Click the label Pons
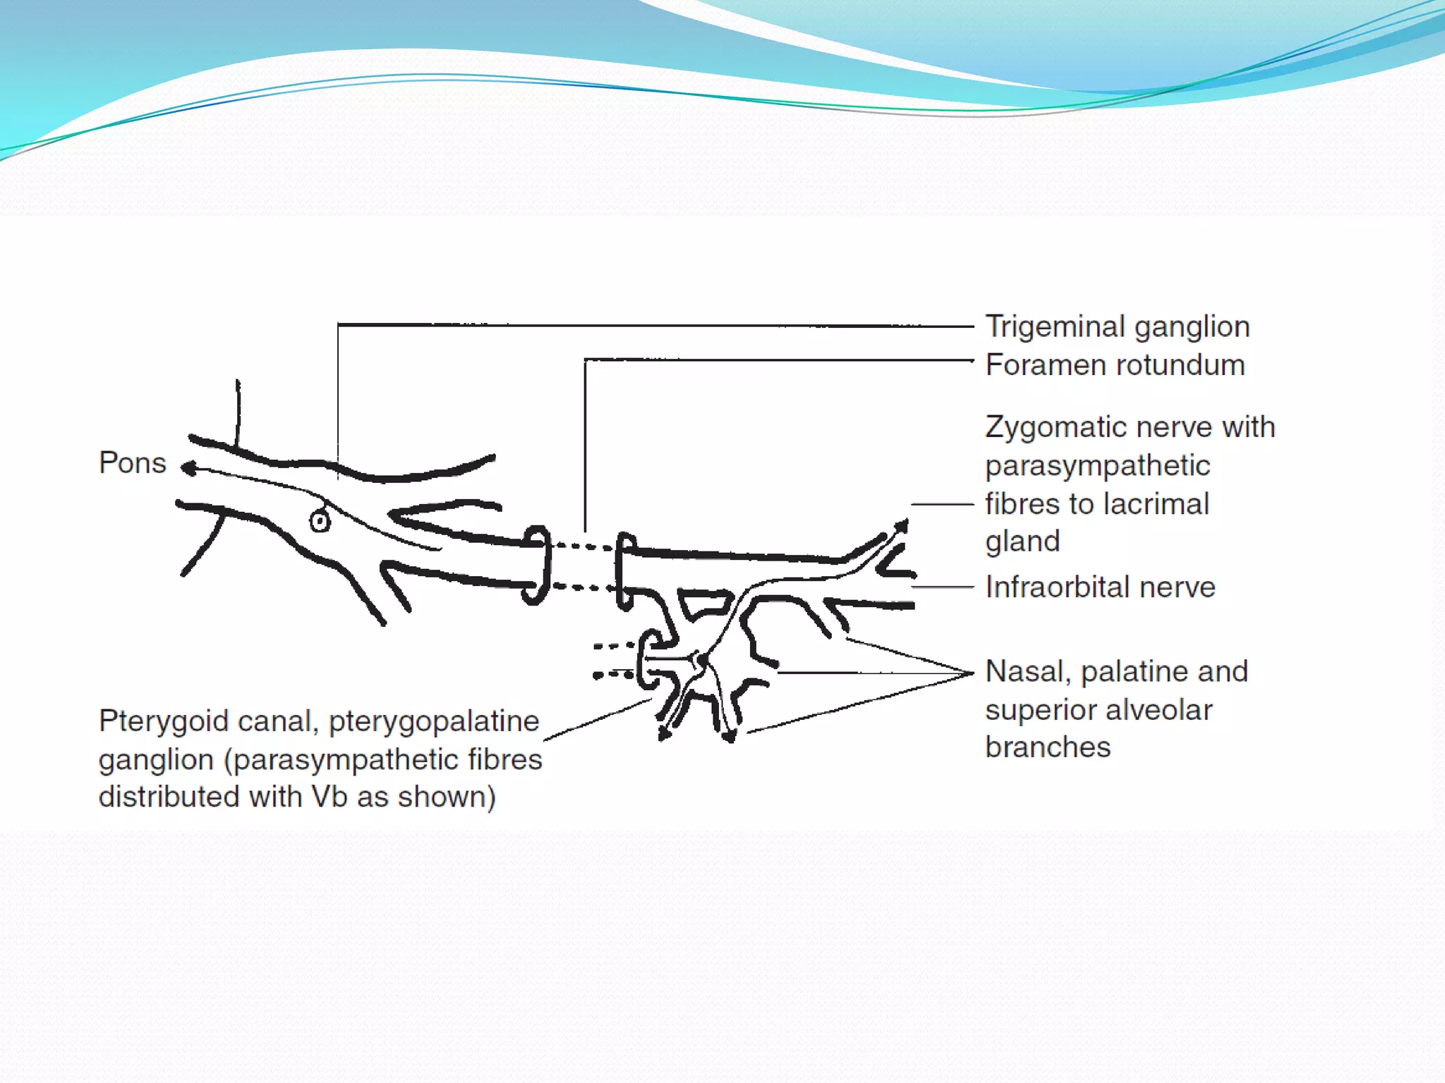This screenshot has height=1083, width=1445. click(132, 463)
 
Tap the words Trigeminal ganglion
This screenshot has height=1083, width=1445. click(1117, 327)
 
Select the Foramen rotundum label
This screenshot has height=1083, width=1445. click(1115, 365)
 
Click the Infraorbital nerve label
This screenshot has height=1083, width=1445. click(1100, 587)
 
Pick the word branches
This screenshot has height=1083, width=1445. click(1048, 747)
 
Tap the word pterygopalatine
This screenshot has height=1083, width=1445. click(433, 722)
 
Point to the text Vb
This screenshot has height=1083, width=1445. click(329, 797)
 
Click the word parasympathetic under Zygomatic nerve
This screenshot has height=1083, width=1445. click(1097, 466)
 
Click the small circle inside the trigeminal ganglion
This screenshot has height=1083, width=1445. click(320, 522)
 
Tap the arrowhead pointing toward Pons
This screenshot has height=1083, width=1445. click(188, 468)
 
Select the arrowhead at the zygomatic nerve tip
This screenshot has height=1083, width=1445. click(902, 525)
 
